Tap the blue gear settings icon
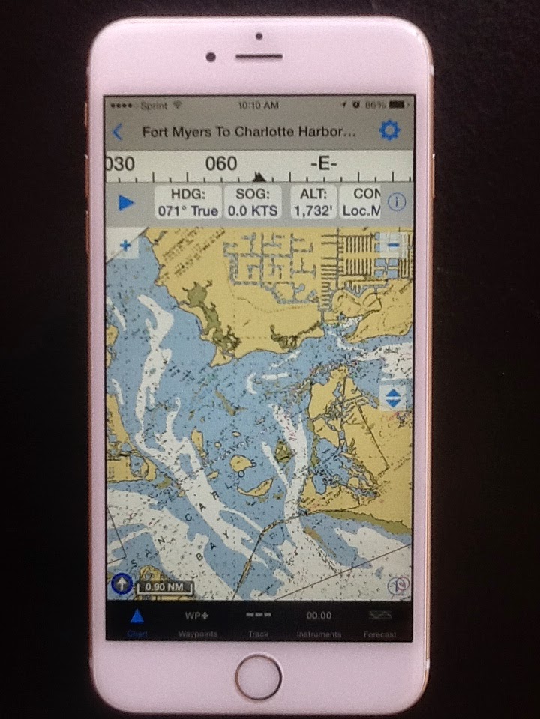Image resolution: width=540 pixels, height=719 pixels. point(389,131)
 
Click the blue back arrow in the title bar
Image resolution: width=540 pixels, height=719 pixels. point(118,133)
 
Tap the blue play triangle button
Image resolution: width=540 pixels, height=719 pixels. point(126,202)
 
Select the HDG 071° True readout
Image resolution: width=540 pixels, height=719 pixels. point(187,202)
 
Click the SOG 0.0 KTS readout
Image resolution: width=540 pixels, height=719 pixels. point(253,202)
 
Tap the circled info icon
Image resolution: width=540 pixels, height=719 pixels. point(397,202)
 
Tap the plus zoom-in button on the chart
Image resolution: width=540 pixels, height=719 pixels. point(124,245)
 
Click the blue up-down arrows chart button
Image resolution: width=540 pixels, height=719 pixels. point(394,397)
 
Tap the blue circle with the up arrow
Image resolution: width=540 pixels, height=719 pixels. point(121,584)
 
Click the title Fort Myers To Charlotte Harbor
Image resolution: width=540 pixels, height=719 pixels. point(248,133)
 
